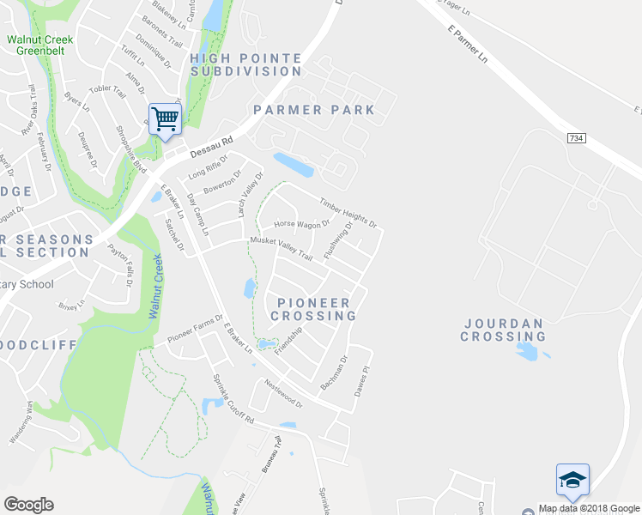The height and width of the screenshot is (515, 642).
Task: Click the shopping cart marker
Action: [164, 118]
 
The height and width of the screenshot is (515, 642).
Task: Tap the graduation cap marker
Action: [572, 480]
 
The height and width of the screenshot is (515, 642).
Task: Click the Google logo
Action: [28, 505]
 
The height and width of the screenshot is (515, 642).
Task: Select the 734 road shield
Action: [577, 138]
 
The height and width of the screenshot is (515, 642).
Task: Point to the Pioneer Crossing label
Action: [313, 309]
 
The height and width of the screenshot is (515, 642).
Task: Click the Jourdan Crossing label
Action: [503, 330]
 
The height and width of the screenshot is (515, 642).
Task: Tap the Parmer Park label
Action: [314, 110]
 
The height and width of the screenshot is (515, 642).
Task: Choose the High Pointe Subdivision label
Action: [245, 64]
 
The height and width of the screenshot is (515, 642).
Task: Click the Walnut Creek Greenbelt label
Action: [40, 45]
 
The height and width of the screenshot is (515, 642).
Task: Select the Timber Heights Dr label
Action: [348, 213]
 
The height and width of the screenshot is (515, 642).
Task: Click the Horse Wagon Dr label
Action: [301, 224]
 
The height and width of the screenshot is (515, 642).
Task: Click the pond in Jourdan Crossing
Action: [529, 351]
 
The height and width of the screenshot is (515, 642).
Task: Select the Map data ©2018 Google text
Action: [589, 508]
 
